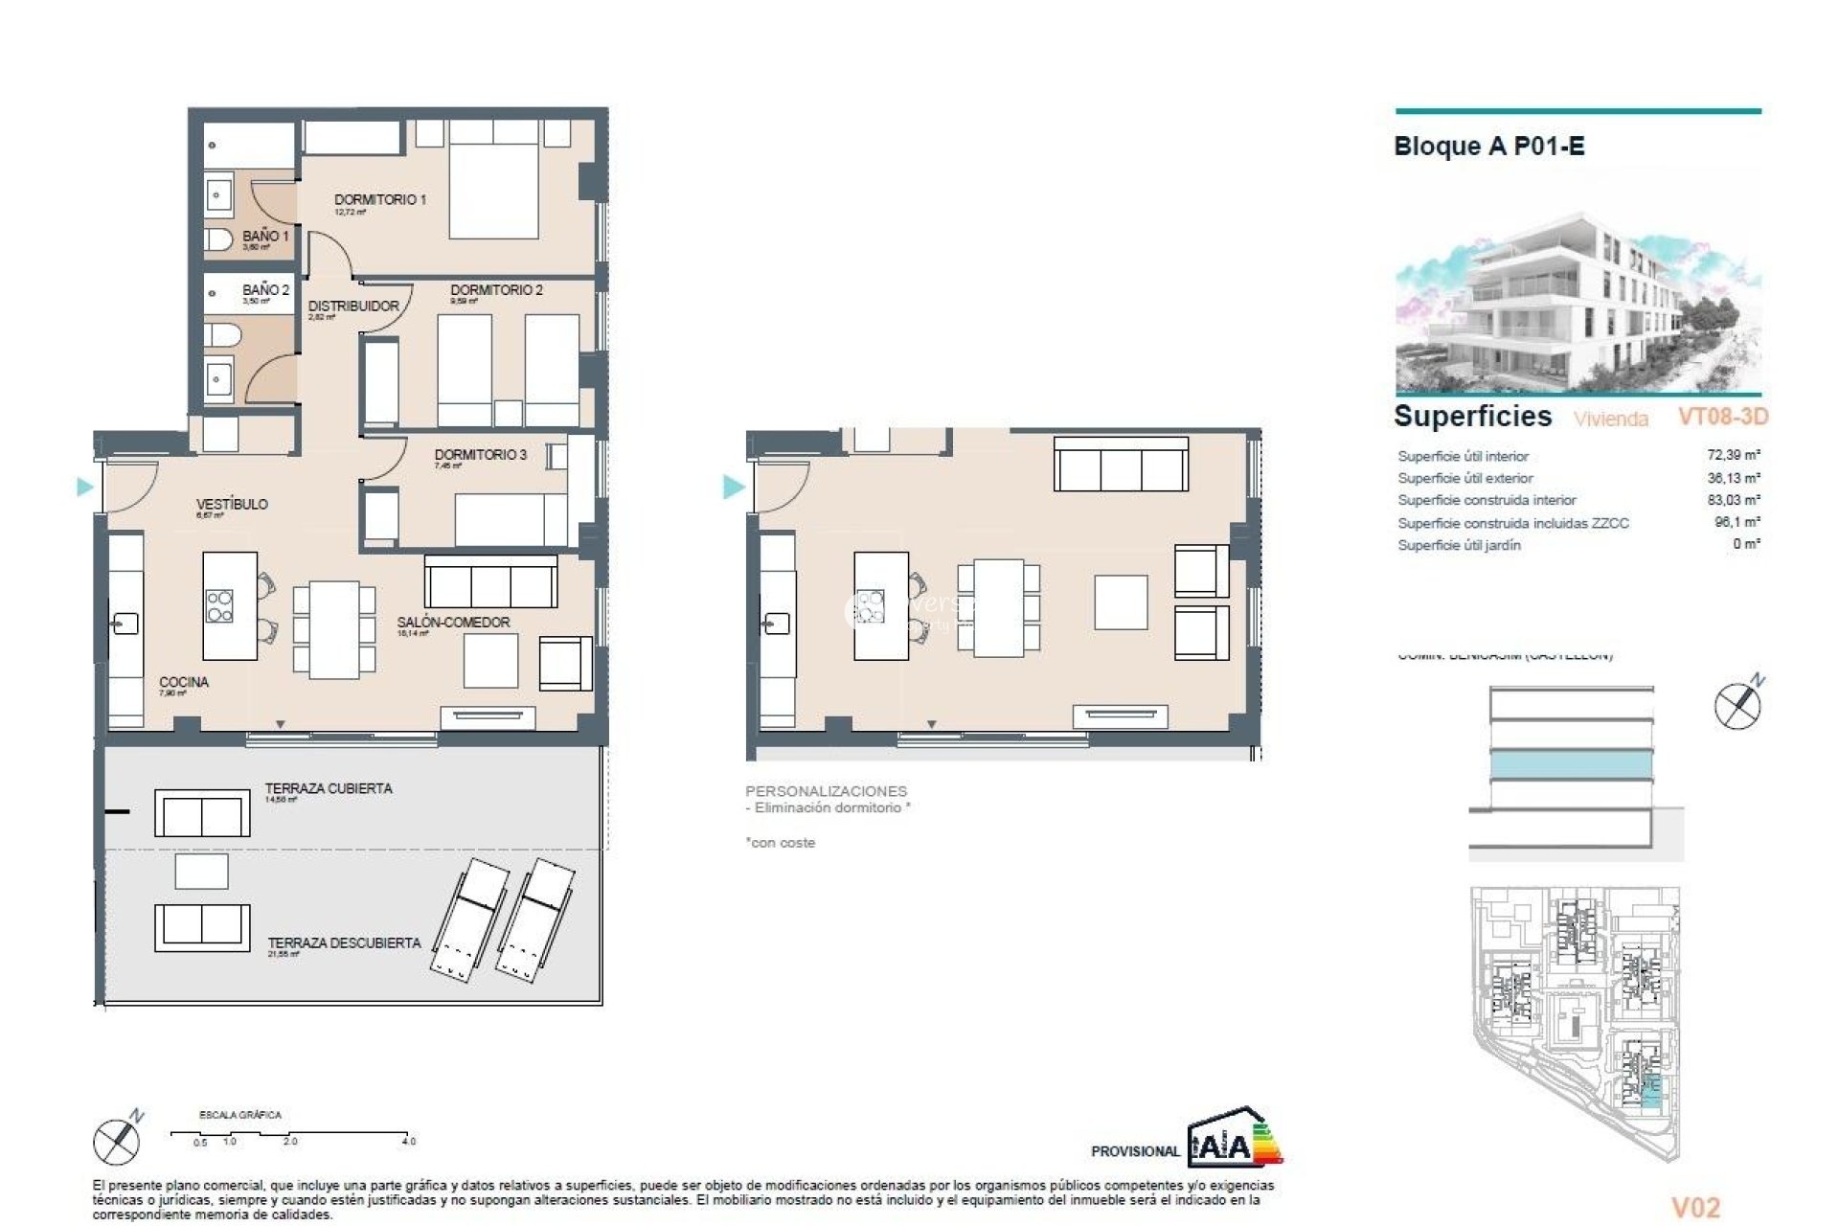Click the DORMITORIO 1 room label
coord(379,199)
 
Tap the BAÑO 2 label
coord(264,289)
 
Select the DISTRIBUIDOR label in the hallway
coord(352,306)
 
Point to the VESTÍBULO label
coord(232,504)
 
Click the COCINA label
coord(183,682)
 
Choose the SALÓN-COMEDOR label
coord(453,623)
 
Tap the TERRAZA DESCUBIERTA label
coord(344,943)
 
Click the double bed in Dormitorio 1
coord(493,182)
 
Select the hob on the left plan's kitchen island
coord(219,606)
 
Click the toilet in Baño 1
coord(218,238)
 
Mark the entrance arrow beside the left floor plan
coord(84,488)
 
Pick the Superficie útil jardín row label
coord(1459,545)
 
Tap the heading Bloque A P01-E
coord(1488,147)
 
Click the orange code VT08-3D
coord(1722,417)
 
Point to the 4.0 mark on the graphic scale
coord(409,1141)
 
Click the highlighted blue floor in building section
coord(1571,764)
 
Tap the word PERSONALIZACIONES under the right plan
coord(826,791)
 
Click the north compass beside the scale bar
coord(117,1140)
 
